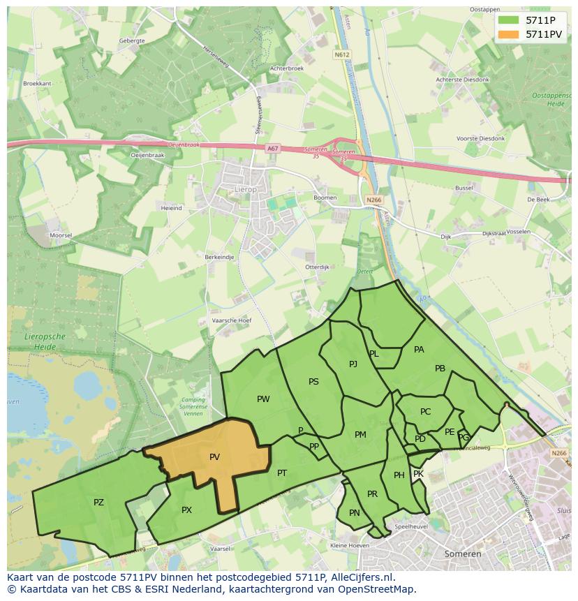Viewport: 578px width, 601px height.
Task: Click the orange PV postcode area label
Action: tap(214, 457)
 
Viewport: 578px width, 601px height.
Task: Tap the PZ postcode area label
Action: tap(98, 503)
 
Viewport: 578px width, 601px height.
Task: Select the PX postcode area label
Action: tap(186, 510)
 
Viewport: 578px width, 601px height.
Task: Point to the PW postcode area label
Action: tap(263, 399)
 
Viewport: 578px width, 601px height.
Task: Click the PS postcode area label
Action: tap(313, 382)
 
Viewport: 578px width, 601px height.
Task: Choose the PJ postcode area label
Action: tap(353, 364)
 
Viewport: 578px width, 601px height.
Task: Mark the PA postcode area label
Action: tap(419, 350)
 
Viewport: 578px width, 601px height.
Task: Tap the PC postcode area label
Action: tap(426, 412)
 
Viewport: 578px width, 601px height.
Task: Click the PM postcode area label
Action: tap(360, 435)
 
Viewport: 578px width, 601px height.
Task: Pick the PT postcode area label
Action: tap(282, 473)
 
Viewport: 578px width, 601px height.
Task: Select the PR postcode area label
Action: tap(372, 494)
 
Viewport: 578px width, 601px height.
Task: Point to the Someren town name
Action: tap(462, 554)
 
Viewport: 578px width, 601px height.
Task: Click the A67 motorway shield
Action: tap(272, 149)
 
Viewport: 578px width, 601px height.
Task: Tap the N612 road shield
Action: tap(341, 54)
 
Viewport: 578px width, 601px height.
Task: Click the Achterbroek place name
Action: tap(287, 68)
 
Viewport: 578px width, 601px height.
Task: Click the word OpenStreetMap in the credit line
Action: tap(377, 589)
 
